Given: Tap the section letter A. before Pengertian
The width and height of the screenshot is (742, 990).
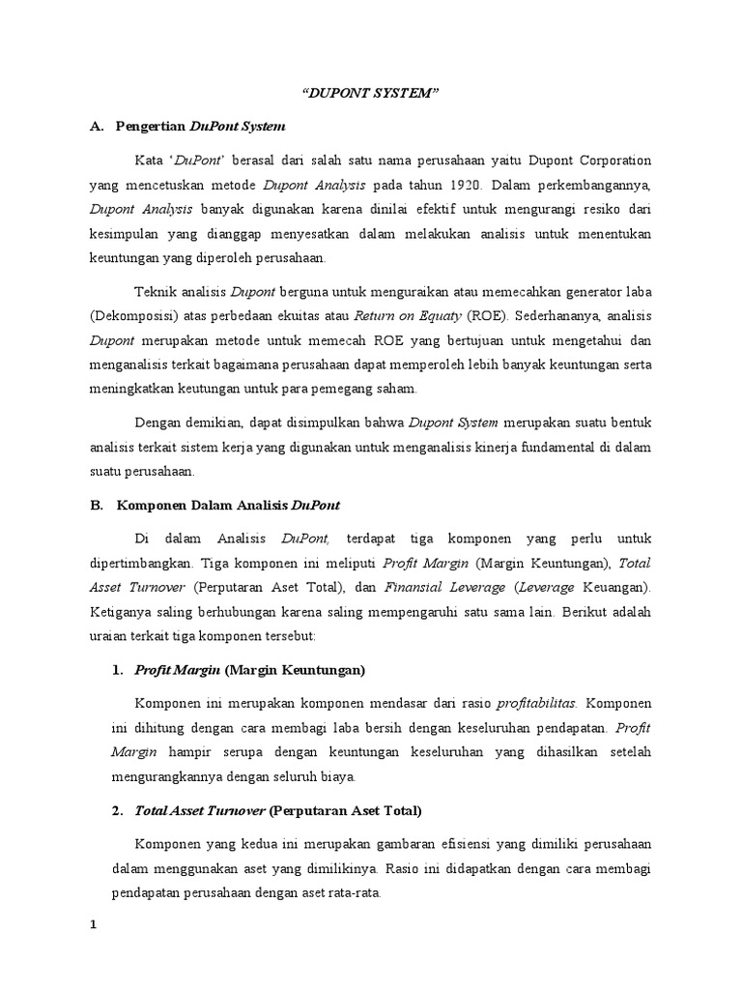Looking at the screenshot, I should (x=96, y=127).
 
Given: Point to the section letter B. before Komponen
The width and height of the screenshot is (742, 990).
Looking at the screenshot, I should (x=96, y=505).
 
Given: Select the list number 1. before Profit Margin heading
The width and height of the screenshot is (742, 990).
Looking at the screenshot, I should (x=118, y=669).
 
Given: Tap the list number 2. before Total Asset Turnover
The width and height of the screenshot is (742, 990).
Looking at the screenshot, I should (x=118, y=809).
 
